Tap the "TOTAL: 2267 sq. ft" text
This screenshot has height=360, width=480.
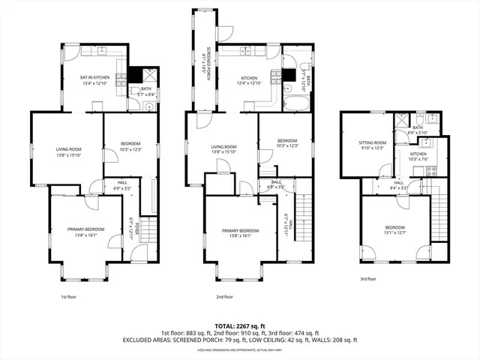[240, 325]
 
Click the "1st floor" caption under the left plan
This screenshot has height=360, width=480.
[70, 296]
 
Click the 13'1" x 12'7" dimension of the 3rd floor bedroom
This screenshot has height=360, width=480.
[395, 232]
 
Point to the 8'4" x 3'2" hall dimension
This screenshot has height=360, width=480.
[398, 187]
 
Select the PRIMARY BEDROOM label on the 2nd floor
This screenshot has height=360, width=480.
[240, 230]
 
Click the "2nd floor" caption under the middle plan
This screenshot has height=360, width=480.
[225, 296]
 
